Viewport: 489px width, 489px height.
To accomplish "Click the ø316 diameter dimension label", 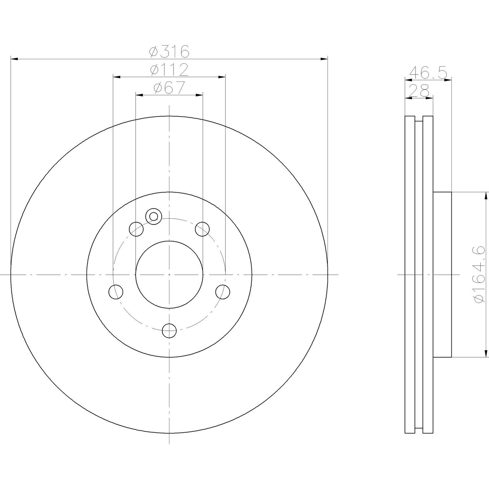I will coord(169,52).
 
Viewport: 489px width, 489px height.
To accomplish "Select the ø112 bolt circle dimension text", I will coord(169,70).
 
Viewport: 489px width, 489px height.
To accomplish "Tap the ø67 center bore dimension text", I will coord(169,88).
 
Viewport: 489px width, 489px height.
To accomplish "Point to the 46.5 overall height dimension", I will coord(428,72).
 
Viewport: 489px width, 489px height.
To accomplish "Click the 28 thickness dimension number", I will coord(419,91).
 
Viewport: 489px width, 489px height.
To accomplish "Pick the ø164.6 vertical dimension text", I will coord(480,274).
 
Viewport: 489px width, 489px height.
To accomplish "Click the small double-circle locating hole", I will coord(153,216).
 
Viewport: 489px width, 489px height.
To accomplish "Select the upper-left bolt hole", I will coord(136,229).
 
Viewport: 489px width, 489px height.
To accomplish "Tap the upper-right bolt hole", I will coord(202,229).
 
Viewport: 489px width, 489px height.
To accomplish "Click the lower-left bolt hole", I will coord(116,292).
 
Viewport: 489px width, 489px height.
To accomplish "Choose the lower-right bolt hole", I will coord(223,292).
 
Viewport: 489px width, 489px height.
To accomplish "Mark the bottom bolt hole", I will coord(169,331).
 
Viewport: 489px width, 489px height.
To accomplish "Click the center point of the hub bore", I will coord(169,274).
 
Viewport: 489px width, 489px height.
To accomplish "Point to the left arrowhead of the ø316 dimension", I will coord(14,59).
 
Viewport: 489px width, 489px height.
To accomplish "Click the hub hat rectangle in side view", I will coord(442,274).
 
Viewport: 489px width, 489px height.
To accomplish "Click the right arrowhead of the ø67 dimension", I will coord(200,95).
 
